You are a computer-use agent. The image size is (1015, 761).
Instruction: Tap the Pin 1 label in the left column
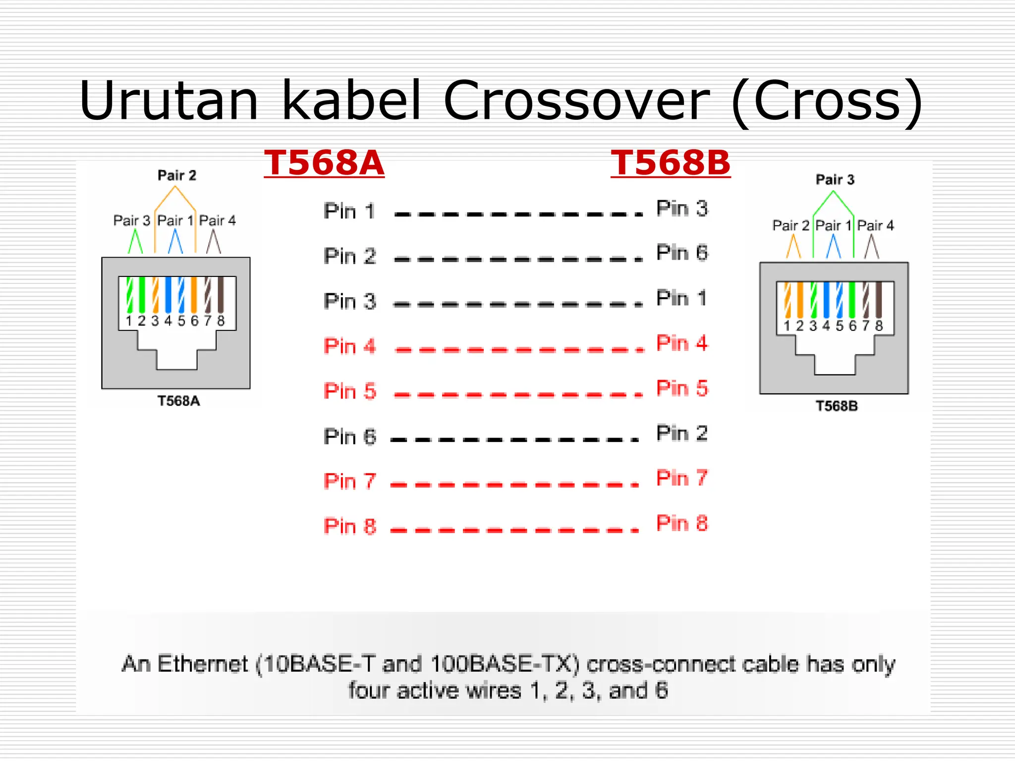(x=349, y=211)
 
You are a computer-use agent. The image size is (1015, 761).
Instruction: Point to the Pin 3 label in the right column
(x=682, y=209)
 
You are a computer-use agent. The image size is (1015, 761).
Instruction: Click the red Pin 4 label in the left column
(x=349, y=346)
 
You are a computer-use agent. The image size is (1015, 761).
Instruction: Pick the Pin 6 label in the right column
(x=682, y=253)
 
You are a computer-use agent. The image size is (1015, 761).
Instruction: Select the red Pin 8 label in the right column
(x=682, y=523)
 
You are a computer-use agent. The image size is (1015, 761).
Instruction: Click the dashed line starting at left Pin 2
(x=518, y=259)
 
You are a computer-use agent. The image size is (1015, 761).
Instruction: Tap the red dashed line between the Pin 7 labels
(x=514, y=485)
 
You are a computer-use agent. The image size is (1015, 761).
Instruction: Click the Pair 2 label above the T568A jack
(x=177, y=175)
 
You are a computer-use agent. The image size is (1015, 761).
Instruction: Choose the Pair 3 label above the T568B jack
(x=835, y=179)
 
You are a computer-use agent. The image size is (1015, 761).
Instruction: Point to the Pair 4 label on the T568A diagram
(x=217, y=220)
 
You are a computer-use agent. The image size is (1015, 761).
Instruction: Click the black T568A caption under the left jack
(x=178, y=401)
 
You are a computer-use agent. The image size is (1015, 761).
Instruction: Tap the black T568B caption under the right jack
(x=837, y=406)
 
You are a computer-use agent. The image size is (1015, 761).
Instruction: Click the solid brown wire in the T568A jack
(x=221, y=294)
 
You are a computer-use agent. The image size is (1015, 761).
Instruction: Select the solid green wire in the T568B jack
(x=852, y=299)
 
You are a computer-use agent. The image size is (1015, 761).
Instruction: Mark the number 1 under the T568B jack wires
(x=787, y=326)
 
